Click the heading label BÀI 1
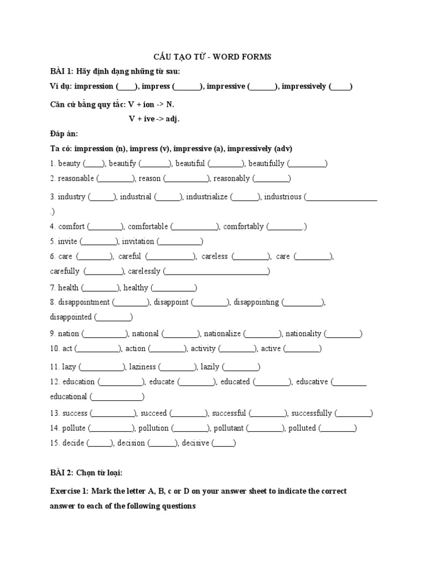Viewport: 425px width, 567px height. coord(61,71)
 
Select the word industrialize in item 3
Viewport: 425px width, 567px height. coord(206,197)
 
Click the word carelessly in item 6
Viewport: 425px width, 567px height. coord(144,271)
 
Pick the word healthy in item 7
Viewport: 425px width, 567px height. coord(136,287)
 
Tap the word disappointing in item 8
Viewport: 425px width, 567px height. coord(256,302)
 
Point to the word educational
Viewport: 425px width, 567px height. coord(69,396)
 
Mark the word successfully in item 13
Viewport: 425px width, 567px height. coord(312,413)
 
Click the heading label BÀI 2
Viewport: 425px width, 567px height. coord(61,472)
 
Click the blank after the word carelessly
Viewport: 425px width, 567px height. coord(217,272)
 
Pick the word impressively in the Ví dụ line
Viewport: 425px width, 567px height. coord(303,86)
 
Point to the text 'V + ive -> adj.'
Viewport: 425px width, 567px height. coord(154,118)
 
